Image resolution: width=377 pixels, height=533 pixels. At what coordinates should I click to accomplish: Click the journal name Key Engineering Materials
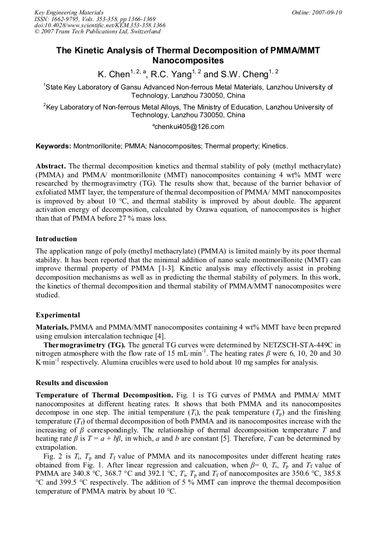point(69,12)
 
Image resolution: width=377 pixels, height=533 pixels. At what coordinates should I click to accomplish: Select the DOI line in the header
point(100,25)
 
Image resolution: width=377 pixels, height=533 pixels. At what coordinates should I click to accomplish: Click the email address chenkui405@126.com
point(189,127)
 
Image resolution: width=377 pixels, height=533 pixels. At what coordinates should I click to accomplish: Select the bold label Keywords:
point(53,146)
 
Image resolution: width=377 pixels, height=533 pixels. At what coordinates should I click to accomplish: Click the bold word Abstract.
point(51,166)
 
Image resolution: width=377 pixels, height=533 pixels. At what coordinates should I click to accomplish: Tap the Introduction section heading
point(56,239)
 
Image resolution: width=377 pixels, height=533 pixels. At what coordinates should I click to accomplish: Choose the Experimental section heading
point(58,315)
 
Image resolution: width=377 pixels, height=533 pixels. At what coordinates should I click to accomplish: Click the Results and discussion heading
point(72,383)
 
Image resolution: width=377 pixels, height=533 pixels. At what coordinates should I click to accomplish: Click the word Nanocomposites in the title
point(188,60)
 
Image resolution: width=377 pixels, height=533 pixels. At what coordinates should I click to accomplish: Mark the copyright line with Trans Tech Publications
point(97,32)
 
